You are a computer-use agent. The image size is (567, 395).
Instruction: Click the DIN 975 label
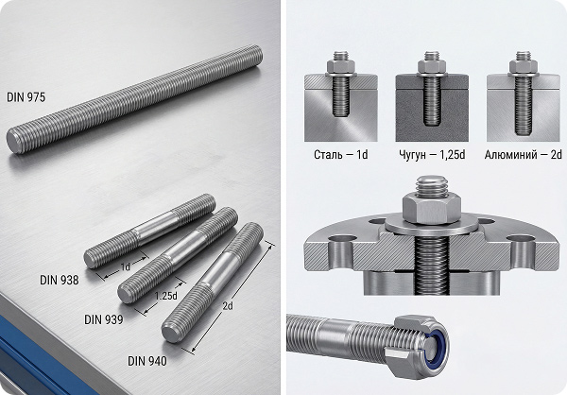(x=26, y=97)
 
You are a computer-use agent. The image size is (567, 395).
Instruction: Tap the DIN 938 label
(x=60, y=280)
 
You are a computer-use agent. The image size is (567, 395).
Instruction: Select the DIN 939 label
(x=104, y=319)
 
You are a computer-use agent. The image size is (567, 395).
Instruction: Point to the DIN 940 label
(x=147, y=361)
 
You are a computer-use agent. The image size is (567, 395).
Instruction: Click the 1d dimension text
(x=125, y=266)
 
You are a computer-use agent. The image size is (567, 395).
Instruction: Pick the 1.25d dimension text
(x=166, y=296)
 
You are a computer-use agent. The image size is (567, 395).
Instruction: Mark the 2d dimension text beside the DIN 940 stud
(x=228, y=306)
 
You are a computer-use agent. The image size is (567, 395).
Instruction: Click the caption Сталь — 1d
(x=340, y=155)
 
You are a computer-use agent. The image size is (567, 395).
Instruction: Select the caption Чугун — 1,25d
(x=432, y=155)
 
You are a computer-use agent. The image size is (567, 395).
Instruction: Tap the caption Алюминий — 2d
(x=524, y=155)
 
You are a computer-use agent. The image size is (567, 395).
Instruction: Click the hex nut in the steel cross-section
(x=340, y=66)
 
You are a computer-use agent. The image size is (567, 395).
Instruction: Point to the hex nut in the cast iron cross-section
(x=432, y=66)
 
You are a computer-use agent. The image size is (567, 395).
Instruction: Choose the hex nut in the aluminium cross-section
(x=524, y=66)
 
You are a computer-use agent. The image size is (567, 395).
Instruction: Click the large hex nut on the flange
(x=432, y=209)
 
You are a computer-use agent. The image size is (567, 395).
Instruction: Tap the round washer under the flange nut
(x=432, y=227)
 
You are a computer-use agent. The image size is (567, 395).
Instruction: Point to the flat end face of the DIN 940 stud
(x=171, y=333)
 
